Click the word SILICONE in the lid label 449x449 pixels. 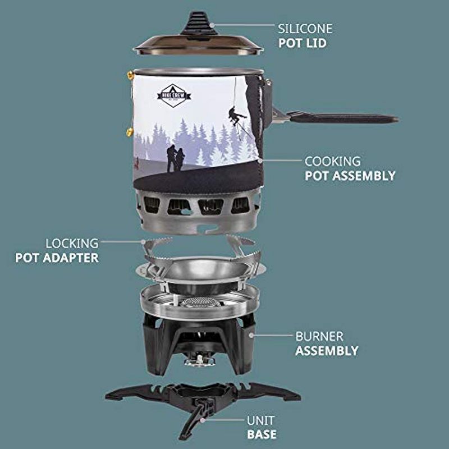[x=305, y=28]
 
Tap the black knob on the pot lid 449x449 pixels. [x=198, y=22]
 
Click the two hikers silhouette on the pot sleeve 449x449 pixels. [x=175, y=159]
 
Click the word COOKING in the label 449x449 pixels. [x=332, y=162]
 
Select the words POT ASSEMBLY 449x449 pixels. [x=350, y=176]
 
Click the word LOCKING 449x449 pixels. [x=72, y=244]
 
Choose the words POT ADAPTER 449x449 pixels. [x=57, y=258]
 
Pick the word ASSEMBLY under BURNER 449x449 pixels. [x=327, y=351]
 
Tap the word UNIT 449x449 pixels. [x=261, y=420]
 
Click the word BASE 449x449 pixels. [x=262, y=434]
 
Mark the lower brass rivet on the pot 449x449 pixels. [x=130, y=132]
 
